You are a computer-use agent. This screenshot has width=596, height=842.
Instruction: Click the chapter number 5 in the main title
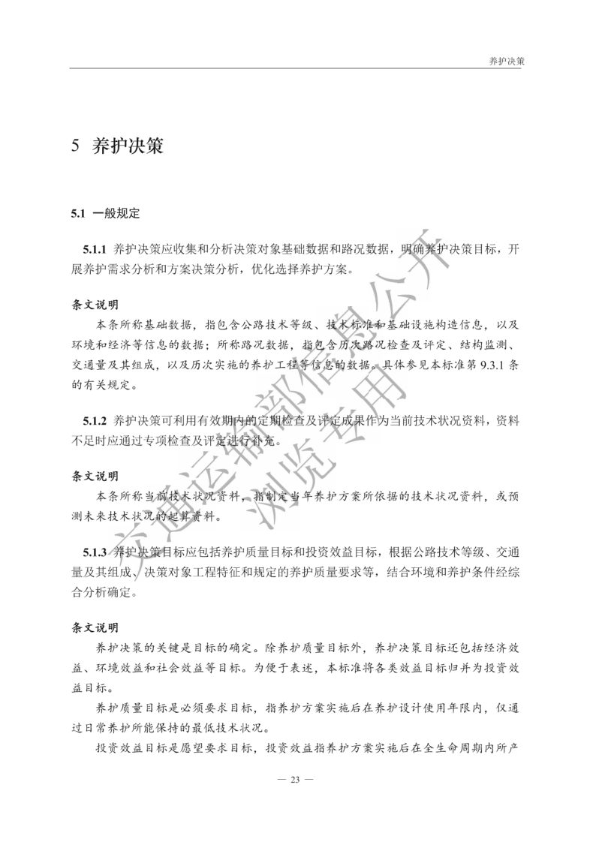[76, 146]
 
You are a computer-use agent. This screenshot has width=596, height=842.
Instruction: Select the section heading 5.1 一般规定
[106, 213]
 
